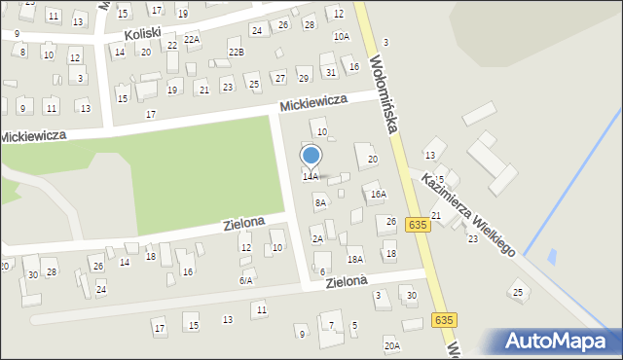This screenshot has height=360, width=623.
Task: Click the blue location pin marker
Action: pos(311,156)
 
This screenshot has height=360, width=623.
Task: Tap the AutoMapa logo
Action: pos(561,342)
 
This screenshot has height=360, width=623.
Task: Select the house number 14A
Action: pos(310,177)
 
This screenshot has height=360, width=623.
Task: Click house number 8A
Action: pos(319,203)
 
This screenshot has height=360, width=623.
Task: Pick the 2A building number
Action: pos(317,238)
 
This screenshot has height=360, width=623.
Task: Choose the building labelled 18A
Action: pos(355,259)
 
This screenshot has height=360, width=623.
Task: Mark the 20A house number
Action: pos(391,345)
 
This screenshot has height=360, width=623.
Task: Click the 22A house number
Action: pos(192,39)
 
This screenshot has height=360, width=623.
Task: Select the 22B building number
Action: pos(236,52)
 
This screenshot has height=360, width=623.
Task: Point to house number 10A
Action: pos(341,37)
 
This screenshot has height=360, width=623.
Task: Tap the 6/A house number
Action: pos(246,280)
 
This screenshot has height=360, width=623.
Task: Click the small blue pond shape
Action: pos(553,257)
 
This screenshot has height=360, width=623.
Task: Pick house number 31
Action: pos(331,72)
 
